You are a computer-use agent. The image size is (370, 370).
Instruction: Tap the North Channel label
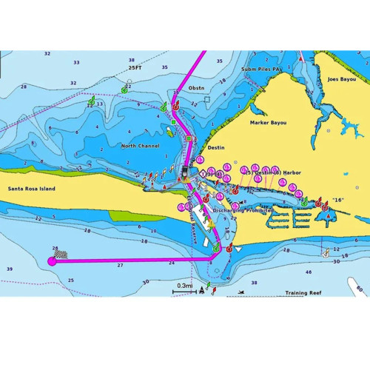click(141, 146)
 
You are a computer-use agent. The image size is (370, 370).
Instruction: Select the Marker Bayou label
click(267, 123)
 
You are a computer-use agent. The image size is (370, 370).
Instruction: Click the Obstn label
click(196, 88)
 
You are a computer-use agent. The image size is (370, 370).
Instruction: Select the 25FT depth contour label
click(135, 67)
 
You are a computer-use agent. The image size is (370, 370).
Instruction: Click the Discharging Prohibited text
click(243, 209)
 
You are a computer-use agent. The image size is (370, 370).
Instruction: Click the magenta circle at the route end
click(52, 260)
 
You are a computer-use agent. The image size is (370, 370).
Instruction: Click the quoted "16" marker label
click(339, 200)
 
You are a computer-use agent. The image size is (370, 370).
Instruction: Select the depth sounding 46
click(309, 272)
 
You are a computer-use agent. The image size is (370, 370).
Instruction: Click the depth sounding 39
click(9, 269)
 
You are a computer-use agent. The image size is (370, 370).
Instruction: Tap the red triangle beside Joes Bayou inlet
click(301, 57)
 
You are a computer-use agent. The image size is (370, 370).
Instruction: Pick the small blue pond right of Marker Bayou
click(329, 130)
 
